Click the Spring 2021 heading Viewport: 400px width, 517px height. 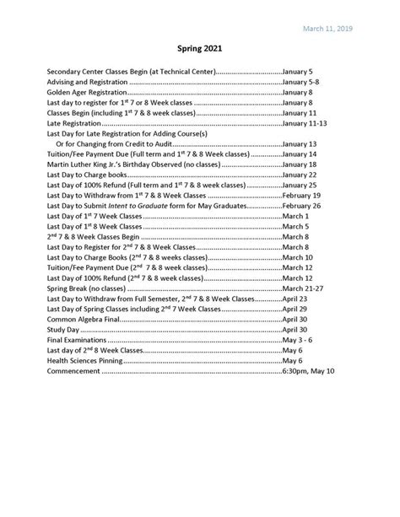199,50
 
